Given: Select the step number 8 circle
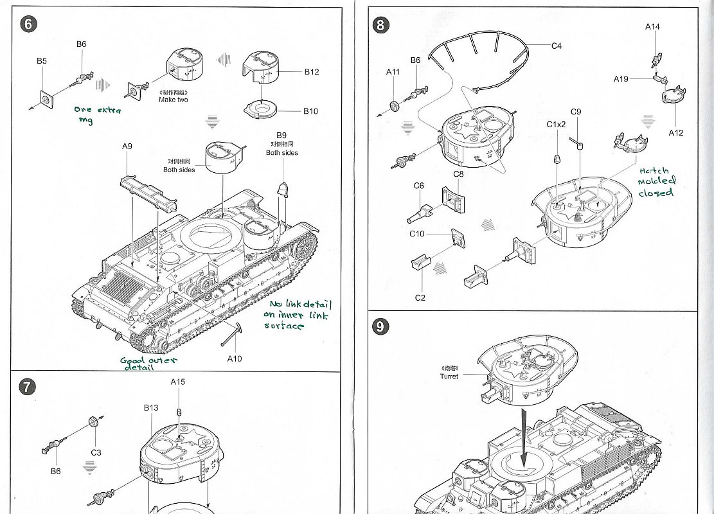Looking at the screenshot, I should [381, 24].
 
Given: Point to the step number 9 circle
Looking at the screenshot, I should [381, 326].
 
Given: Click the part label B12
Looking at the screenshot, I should [311, 72].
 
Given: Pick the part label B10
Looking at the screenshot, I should [310, 111].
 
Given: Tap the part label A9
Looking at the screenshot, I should [127, 146].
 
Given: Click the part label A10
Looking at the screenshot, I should [235, 359].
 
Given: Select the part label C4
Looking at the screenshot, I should [557, 46].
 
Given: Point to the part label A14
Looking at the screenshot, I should [652, 27].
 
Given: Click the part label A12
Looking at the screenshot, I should [675, 133].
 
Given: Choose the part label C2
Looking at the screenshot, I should [420, 297].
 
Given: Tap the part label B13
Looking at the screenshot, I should [151, 408].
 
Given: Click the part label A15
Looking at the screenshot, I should [178, 382].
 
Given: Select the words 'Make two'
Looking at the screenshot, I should [174, 100].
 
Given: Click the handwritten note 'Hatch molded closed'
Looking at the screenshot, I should [656, 182].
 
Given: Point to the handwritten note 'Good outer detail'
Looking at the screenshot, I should [149, 364].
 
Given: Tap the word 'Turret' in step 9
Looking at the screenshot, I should [449, 377].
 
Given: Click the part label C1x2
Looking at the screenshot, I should [556, 124].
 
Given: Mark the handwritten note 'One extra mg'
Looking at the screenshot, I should [96, 114].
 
